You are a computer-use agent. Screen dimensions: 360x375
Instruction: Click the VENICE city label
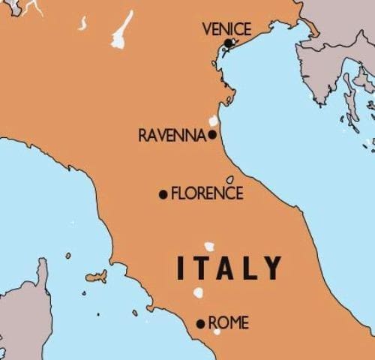(x=226, y=29)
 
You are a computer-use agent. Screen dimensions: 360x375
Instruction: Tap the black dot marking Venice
(x=228, y=43)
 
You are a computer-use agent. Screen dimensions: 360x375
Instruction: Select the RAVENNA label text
(x=172, y=136)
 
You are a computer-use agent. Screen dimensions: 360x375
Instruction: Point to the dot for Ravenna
(x=212, y=135)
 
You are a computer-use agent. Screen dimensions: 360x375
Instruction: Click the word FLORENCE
(x=207, y=193)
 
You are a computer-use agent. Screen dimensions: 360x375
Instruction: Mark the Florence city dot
(x=163, y=194)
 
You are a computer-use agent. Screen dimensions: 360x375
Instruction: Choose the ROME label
(x=228, y=323)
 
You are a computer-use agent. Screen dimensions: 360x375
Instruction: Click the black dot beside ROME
(x=200, y=324)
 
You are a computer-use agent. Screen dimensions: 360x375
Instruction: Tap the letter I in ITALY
(x=180, y=268)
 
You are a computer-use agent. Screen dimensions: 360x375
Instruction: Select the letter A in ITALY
(x=226, y=268)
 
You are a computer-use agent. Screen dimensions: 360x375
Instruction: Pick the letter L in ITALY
(x=250, y=268)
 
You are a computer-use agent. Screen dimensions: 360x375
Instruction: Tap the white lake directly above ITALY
(x=209, y=246)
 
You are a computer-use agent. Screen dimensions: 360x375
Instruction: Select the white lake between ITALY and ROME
(x=199, y=293)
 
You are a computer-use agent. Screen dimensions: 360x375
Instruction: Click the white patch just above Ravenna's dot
(x=214, y=121)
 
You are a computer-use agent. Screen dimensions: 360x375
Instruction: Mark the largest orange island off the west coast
(x=96, y=277)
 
